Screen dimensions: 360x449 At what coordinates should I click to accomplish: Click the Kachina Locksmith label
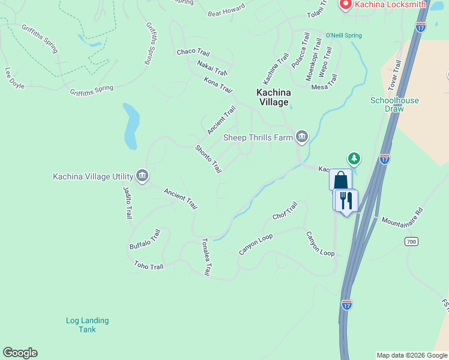390,4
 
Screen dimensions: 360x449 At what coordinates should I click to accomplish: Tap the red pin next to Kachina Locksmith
346,5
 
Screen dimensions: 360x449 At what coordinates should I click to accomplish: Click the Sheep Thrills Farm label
258,137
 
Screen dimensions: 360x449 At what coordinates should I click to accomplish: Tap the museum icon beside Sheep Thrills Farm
301,137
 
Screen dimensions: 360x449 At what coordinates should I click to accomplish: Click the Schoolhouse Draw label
394,105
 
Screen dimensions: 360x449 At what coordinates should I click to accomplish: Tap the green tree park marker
355,159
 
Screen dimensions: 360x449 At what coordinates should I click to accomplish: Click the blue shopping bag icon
340,180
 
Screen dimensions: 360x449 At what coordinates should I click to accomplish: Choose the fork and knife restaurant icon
346,200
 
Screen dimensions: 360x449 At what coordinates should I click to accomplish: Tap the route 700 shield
411,241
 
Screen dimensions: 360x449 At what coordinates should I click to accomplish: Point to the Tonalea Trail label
206,257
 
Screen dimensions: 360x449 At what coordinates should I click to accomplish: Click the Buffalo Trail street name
145,239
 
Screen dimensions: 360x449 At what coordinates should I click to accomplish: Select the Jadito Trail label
127,203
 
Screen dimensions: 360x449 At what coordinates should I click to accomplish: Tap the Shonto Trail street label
208,160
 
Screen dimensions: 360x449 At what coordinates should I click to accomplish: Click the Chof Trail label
285,211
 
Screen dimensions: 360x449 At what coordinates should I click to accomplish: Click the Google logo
20,353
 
